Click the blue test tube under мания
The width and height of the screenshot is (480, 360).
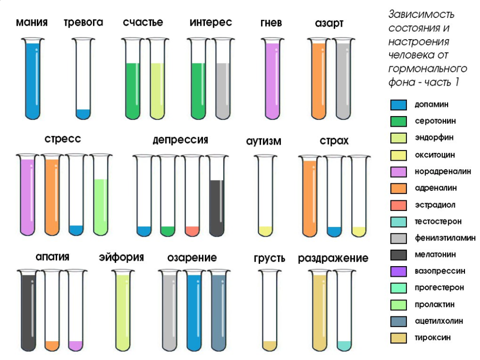(33, 78)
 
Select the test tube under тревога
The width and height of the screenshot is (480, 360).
(83, 78)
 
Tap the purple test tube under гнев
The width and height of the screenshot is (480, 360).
(272, 78)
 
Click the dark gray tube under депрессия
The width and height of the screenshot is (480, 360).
(217, 196)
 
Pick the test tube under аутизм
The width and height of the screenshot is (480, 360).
(265, 196)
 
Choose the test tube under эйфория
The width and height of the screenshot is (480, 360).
(123, 311)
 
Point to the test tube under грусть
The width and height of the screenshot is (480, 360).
(270, 311)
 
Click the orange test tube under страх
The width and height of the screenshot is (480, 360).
(310, 196)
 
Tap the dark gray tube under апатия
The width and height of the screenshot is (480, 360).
(29, 311)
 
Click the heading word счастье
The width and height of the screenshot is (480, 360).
(143, 22)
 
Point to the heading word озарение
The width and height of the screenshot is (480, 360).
(192, 258)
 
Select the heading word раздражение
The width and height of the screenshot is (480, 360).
(333, 258)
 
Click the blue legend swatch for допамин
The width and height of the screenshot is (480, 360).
(399, 105)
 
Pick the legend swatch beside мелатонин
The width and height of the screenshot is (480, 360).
(399, 255)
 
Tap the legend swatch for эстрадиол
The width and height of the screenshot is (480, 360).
(399, 205)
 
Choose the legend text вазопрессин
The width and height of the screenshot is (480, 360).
(440, 271)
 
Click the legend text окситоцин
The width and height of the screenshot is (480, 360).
(434, 155)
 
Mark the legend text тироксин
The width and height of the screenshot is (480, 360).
(433, 338)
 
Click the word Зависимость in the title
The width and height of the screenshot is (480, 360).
(421, 15)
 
